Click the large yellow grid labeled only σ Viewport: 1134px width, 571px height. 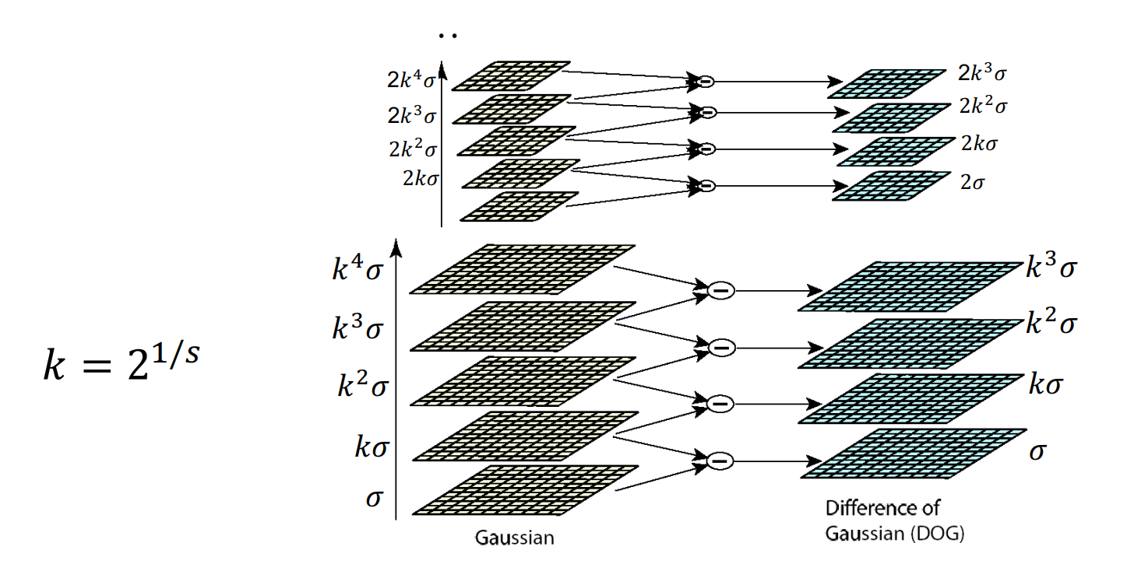[x=523, y=490]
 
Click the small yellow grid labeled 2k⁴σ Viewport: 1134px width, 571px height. [x=511, y=75]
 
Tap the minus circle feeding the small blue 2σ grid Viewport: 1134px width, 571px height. [x=706, y=185]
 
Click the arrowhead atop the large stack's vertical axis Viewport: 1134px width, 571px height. [x=397, y=247]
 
